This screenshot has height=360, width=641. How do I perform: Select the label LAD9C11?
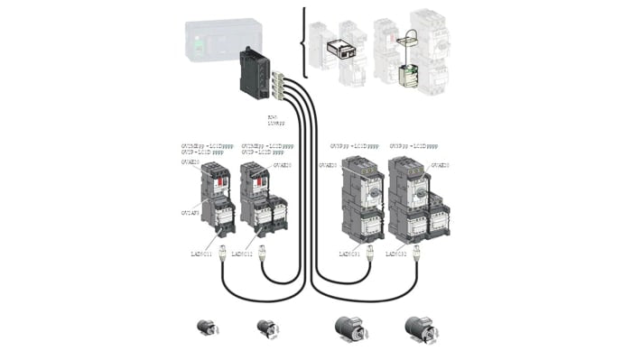201,254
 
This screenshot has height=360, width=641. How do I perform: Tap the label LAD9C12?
243,254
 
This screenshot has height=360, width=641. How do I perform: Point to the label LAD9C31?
351,254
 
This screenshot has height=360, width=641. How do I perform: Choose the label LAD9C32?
402,254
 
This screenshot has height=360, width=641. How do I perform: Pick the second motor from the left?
266,326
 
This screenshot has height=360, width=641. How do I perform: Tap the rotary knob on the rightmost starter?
418,189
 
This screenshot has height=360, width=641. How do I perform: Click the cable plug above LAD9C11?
222,245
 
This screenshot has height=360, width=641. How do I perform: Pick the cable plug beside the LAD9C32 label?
417,245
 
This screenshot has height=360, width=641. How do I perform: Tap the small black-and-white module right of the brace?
342,51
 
